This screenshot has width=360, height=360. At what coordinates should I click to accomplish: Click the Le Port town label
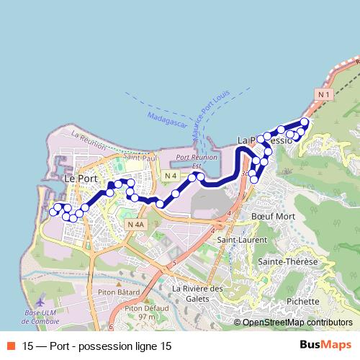tap(81, 177)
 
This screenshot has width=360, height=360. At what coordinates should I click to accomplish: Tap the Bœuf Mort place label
tap(274, 216)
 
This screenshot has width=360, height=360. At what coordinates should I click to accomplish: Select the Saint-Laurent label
tap(238, 239)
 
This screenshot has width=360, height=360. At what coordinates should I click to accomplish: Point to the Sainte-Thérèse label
tap(288, 262)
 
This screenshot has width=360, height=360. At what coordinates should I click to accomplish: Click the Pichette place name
tap(302, 301)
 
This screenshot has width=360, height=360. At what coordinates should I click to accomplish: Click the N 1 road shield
tap(322, 94)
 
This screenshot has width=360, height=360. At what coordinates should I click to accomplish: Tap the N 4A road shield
tap(135, 225)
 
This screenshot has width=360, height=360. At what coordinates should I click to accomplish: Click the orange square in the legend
tap(12, 345)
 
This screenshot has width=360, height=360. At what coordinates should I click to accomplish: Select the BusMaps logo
tap(325, 345)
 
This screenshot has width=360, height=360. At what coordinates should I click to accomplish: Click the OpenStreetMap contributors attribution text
tap(297, 323)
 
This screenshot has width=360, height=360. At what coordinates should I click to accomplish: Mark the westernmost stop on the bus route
tap(53, 213)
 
